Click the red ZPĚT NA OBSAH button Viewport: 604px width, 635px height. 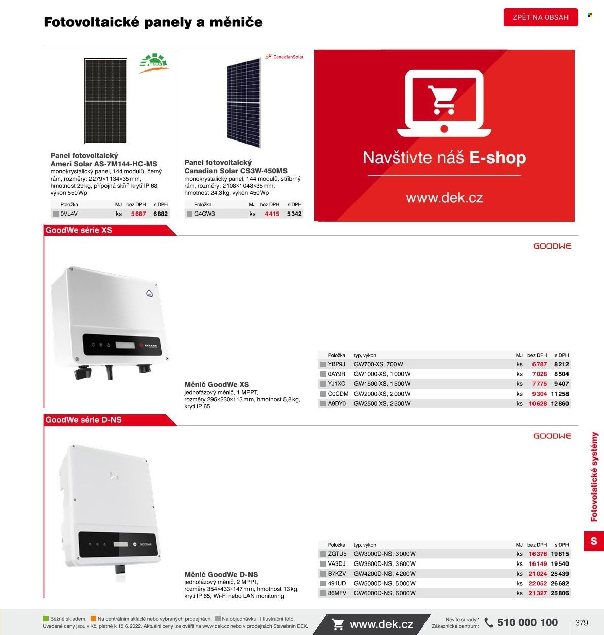[x=541, y=17]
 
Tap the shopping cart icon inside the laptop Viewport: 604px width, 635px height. [x=443, y=99]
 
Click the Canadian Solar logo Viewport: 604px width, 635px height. [x=284, y=57]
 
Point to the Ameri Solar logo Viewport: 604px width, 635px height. [x=154, y=63]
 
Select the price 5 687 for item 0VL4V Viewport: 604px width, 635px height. [x=138, y=214]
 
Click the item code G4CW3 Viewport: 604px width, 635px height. [x=204, y=214]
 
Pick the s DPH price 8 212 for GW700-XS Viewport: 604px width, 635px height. [x=561, y=364]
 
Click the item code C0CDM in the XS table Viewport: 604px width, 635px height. [x=338, y=394]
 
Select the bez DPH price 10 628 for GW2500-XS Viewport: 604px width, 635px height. [x=538, y=403]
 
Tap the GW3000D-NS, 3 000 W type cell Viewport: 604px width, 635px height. [x=385, y=554]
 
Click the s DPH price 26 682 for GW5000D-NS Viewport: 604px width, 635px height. [x=560, y=583]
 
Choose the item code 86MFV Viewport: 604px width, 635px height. [x=337, y=593]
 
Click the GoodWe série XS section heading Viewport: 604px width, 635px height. [x=79, y=230]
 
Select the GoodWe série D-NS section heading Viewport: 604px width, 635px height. [x=83, y=420]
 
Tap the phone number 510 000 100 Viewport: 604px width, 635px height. [x=527, y=622]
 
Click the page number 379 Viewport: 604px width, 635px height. [x=581, y=623]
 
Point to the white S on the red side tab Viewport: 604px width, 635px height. [x=594, y=541]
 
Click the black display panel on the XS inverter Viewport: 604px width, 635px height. [x=121, y=344]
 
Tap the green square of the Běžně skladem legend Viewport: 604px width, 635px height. [x=46, y=619]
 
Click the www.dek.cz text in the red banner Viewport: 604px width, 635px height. [x=444, y=198]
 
